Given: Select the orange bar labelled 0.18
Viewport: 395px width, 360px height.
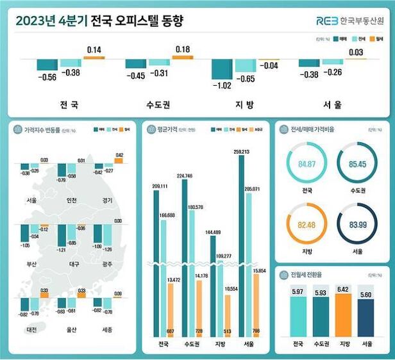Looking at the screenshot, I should coord(183,57).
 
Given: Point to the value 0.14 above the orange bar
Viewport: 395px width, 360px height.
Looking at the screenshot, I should coord(94,49).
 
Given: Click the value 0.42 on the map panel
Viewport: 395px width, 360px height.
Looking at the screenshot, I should coord(119,155).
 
